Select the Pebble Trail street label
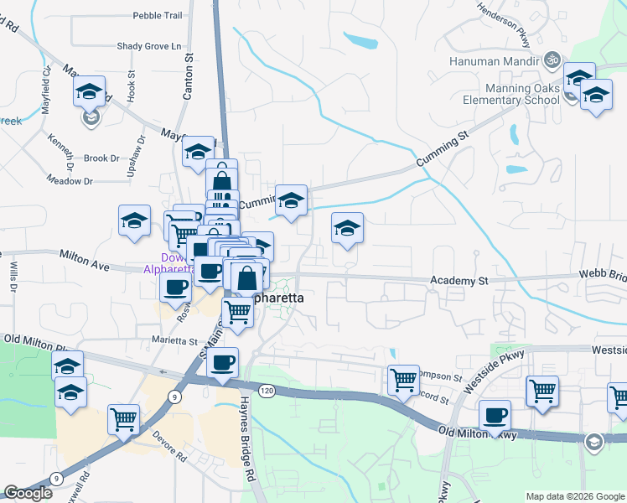158,15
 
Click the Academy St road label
459,280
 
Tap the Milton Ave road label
85,259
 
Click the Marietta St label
174,341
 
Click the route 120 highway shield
267,391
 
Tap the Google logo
28,494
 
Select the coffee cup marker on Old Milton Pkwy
495,414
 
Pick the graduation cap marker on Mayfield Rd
89,92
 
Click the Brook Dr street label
101,158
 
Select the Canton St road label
189,80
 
